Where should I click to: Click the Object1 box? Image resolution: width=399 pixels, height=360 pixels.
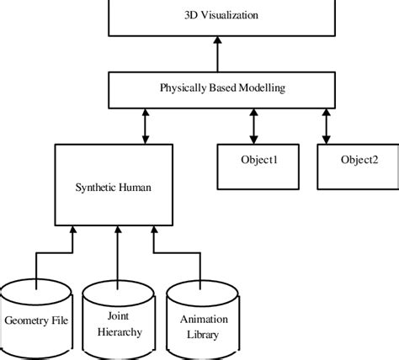click(x=252, y=160)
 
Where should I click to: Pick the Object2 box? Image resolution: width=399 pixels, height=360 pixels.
click(x=353, y=160)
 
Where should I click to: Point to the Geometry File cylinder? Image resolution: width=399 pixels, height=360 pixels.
click(x=36, y=320)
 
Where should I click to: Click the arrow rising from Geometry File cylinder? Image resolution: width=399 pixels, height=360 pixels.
click(x=36, y=257)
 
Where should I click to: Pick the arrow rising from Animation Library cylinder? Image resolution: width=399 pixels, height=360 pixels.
click(x=154, y=257)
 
